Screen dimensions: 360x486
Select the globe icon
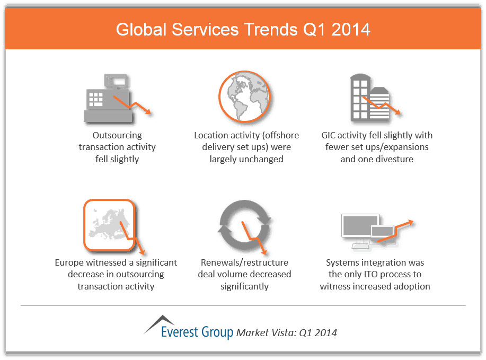(x=244, y=96)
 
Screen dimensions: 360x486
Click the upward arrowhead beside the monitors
(x=412, y=222)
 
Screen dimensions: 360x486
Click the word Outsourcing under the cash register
(x=117, y=135)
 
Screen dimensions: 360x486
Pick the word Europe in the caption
(x=68, y=262)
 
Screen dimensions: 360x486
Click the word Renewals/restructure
(x=244, y=262)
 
